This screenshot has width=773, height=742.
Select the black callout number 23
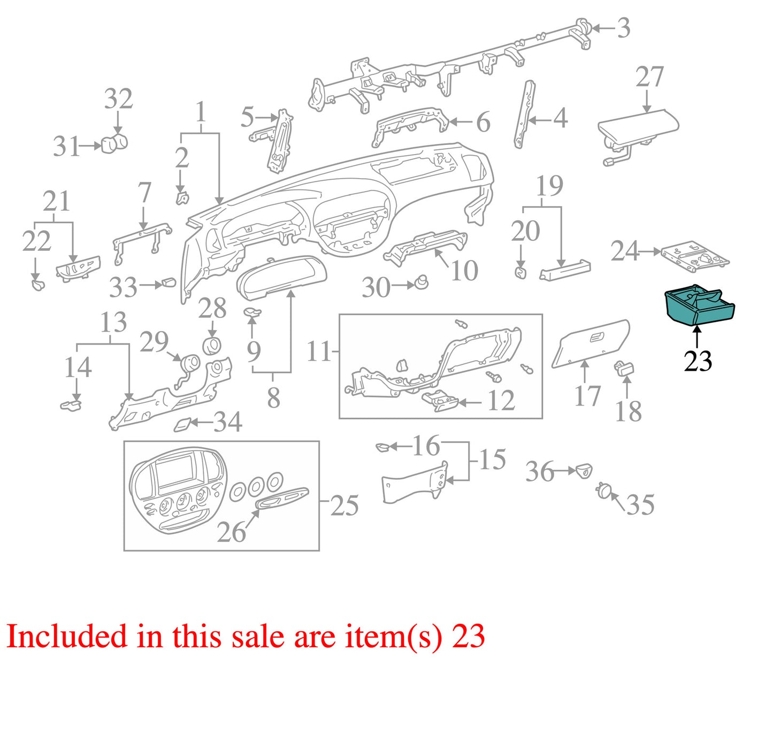698,361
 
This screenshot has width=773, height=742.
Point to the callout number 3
623,28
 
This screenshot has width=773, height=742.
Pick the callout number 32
118,98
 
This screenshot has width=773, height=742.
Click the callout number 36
539,472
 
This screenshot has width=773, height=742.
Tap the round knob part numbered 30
420,281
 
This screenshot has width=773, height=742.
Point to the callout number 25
345,506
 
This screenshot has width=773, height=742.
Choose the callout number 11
319,351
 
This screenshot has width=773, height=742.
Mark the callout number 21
56,201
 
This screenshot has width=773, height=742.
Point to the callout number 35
640,505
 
